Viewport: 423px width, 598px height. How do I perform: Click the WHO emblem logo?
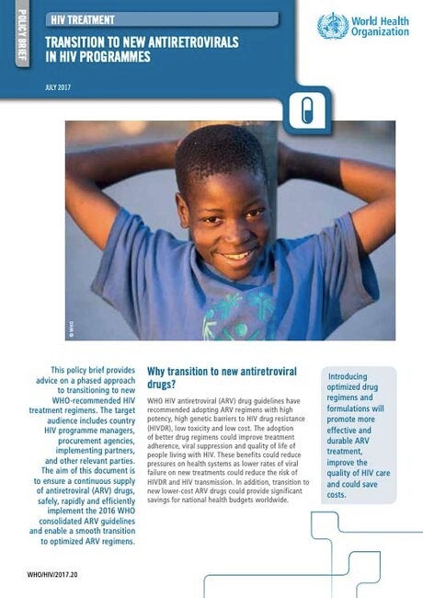331,26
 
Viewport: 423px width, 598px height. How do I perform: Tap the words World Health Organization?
380,26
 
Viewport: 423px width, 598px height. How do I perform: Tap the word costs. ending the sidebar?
336,495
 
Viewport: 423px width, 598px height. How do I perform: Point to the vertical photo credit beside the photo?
69,324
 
